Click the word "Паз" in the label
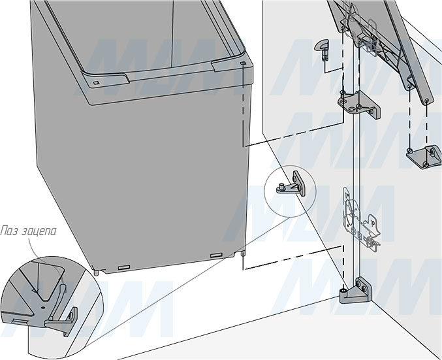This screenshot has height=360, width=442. (8, 231)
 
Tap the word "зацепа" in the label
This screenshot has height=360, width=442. (38, 231)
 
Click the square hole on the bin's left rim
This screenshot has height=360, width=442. (96, 83)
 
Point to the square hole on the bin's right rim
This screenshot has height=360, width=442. (243, 63)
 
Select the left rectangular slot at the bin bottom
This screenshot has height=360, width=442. (124, 267)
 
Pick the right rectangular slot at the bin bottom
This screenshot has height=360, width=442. (216, 255)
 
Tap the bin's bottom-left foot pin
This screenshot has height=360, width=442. (97, 273)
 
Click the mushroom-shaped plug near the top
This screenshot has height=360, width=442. (322, 48)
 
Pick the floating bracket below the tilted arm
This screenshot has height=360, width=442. (424, 156)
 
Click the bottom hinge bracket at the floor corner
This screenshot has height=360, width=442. (355, 291)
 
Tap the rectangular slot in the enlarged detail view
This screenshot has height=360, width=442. (20, 321)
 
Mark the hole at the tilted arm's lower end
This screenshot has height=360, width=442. (428, 100)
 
